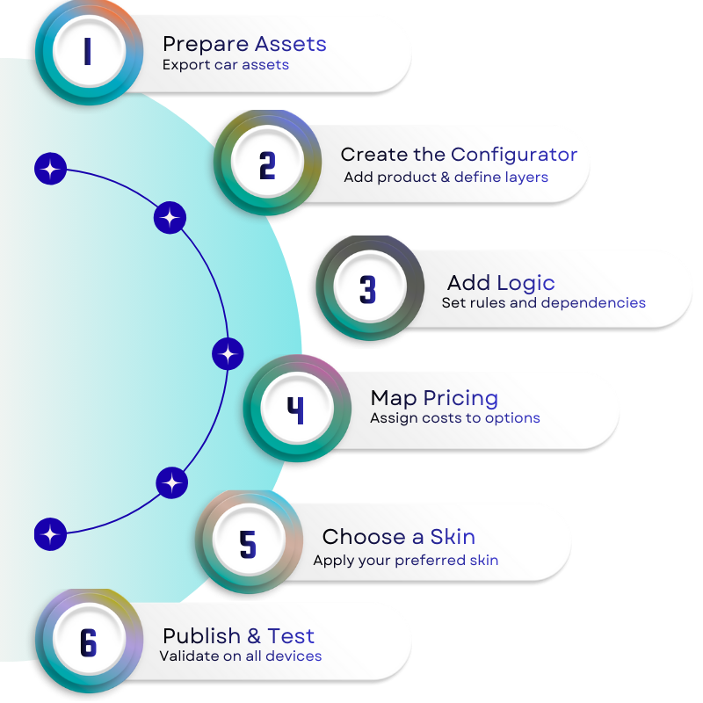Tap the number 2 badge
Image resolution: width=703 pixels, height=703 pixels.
coord(266,165)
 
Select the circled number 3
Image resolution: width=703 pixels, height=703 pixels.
coord(367,290)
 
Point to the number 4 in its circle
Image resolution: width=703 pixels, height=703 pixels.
coord(295,409)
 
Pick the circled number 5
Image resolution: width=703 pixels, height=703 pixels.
coord(248,544)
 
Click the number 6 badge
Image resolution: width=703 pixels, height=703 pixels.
coord(88,643)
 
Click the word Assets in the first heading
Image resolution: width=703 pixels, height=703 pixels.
coord(290,44)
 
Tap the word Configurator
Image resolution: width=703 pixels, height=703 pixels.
coord(514,155)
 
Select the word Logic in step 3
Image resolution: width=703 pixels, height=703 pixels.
coord(525,283)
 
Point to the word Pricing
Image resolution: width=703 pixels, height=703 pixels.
coord(460,399)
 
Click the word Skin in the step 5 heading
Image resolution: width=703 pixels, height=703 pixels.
coord(453,536)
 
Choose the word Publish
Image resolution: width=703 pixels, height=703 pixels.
coord(201,636)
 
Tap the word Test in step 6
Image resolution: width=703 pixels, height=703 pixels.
coord(291,636)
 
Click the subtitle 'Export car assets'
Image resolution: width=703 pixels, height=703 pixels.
coord(225,65)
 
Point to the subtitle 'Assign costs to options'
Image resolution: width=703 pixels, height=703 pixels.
coord(454,418)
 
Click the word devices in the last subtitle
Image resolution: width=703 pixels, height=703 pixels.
coord(294,656)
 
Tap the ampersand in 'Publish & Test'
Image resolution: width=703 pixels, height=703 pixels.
coord(254,636)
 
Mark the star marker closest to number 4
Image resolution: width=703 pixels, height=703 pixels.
coord(228,354)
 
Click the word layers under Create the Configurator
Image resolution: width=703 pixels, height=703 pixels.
coord(525,178)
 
